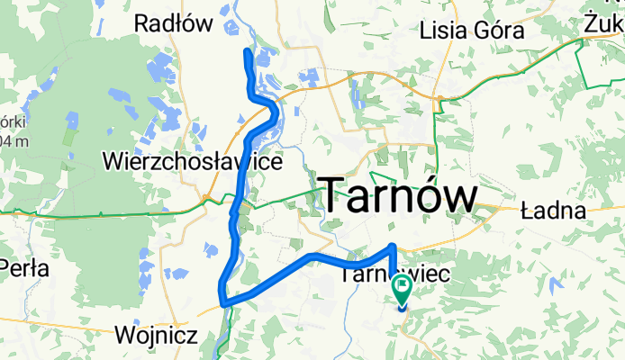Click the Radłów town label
point(177,24)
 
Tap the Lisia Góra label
point(473,30)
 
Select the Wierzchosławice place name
point(194,162)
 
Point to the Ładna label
point(554,211)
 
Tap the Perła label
point(25,267)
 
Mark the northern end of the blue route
point(249,53)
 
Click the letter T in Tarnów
point(333,195)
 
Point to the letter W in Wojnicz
point(124,336)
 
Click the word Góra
point(501,30)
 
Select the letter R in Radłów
point(140,24)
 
